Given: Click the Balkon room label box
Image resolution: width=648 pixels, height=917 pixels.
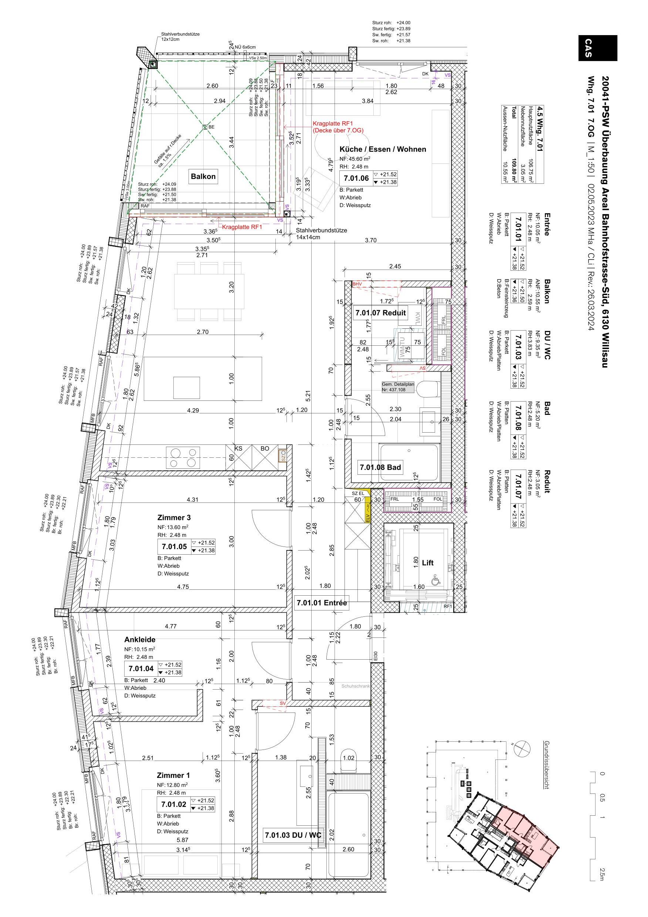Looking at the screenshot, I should point(203,176).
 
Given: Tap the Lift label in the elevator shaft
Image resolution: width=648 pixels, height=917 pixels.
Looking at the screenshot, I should point(428,563).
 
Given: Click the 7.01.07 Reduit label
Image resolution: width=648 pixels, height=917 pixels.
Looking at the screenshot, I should point(380,313).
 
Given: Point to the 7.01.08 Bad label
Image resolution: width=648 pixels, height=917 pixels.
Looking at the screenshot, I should point(380,467).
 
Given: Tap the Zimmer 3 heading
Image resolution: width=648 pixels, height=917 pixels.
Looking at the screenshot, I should point(174,518).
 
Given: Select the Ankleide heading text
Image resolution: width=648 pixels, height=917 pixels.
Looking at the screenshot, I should point(139,639).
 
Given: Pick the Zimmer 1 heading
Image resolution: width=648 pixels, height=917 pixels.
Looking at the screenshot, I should point(173,775).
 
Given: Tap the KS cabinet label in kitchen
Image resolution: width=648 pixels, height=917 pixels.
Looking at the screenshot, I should point(238,449).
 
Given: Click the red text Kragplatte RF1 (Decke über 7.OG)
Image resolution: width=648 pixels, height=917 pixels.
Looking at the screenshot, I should point(338,127).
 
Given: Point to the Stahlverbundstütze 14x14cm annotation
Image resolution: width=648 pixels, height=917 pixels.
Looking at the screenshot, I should point(321,234).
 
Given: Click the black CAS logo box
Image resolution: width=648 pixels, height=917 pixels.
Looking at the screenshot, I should point(597,48).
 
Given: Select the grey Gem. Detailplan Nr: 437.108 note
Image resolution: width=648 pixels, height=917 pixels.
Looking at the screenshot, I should point(398,387).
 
